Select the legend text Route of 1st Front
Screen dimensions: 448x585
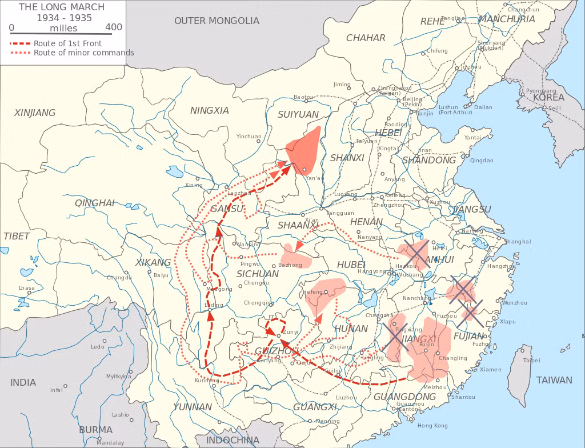tap(67, 43)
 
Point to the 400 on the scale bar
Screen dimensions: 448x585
tap(114, 27)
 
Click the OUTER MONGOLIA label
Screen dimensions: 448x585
tap(217, 21)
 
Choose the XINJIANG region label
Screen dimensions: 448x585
tap(35, 113)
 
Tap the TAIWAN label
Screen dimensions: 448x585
tap(554, 380)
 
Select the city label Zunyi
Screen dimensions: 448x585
tap(291, 331)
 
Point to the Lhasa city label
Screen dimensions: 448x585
tap(26, 288)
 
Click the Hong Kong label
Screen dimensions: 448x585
tap(432, 426)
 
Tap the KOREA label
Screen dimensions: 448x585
tap(548, 97)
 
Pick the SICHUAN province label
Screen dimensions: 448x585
tap(258, 274)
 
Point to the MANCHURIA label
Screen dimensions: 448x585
tap(507, 19)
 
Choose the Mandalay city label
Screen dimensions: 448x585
tap(110, 442)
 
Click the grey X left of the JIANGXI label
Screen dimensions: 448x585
tap(395, 337)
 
